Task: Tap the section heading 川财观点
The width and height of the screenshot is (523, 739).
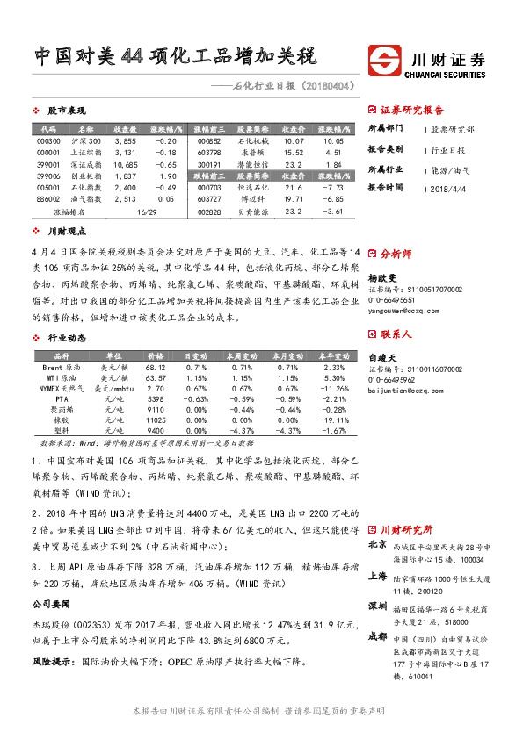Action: [66, 232]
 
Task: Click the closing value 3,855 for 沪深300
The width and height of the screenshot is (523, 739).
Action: [125, 140]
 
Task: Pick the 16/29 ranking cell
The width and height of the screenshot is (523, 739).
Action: [146, 212]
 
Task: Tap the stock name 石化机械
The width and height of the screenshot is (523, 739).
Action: [251, 140]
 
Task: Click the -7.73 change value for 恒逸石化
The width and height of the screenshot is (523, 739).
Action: [332, 188]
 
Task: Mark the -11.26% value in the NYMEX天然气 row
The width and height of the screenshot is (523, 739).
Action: [333, 387]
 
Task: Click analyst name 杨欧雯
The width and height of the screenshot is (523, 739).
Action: [384, 275]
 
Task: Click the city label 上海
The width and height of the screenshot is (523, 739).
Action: [378, 576]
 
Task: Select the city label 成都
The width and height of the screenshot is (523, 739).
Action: [378, 635]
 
